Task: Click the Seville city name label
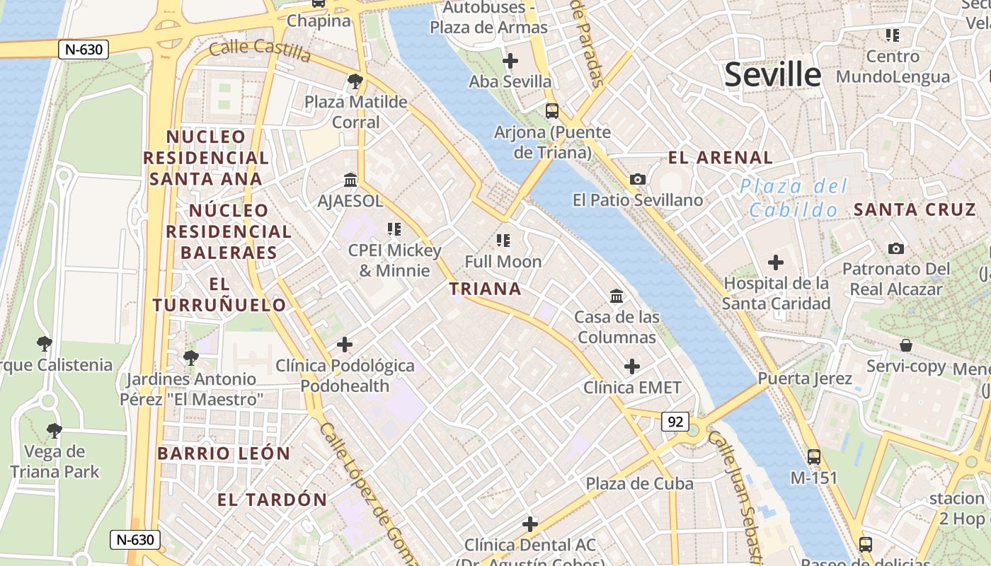[772, 74]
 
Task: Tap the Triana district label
[486, 289]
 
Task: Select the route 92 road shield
[675, 422]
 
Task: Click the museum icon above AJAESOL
[350, 180]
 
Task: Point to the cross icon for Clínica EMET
[631, 366]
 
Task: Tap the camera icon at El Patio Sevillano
[638, 180]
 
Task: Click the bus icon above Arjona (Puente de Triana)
[551, 111]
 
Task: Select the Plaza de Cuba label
[639, 484]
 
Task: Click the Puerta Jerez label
[805, 379]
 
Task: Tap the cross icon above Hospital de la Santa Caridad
[775, 263]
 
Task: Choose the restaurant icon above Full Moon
[503, 241]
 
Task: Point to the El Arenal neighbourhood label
[721, 157]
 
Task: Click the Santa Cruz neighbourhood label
[915, 209]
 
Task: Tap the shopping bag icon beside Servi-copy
[906, 345]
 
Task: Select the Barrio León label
[224, 454]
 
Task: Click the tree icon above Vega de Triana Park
[54, 430]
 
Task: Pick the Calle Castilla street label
[260, 50]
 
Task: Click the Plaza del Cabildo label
[794, 198]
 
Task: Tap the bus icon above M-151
[814, 457]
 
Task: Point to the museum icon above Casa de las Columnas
[616, 296]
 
